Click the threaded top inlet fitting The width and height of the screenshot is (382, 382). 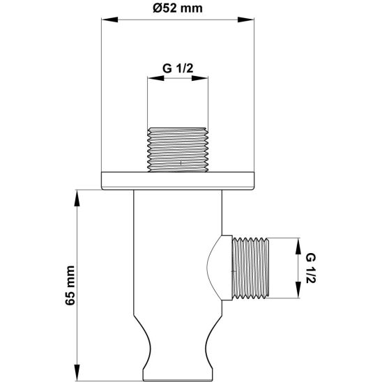click(x=178, y=148)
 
